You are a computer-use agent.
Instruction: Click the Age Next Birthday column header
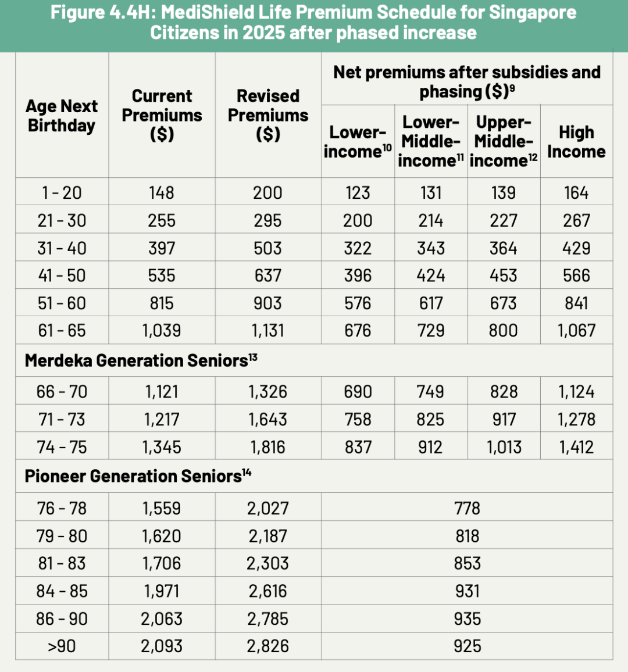pos(62,116)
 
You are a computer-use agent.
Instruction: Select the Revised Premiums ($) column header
pos(268,115)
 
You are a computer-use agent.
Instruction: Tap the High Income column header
pos(576,142)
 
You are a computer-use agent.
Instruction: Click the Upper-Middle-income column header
pos(504,141)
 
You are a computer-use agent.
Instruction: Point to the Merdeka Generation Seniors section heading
pos(141,360)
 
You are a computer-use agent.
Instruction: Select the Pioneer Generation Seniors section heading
pos(138,476)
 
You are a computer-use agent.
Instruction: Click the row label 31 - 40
pos(62,248)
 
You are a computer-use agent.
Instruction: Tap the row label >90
pos(62,646)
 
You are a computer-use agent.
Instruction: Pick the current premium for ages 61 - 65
pos(162,331)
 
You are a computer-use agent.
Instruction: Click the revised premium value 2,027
pos(267,508)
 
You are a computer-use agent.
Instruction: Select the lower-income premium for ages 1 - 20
pos(358,193)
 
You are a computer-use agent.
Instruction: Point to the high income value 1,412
pos(576,447)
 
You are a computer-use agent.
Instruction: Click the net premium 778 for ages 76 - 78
pos(468,508)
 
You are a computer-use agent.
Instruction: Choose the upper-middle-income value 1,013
pos(504,447)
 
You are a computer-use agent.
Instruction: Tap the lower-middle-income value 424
pos(431,276)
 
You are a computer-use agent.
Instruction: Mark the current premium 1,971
pos(162,591)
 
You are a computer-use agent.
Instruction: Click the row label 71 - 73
pos(62,419)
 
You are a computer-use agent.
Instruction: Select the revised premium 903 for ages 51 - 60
pos(267,303)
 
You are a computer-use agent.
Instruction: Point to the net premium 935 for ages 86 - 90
pos(468,619)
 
